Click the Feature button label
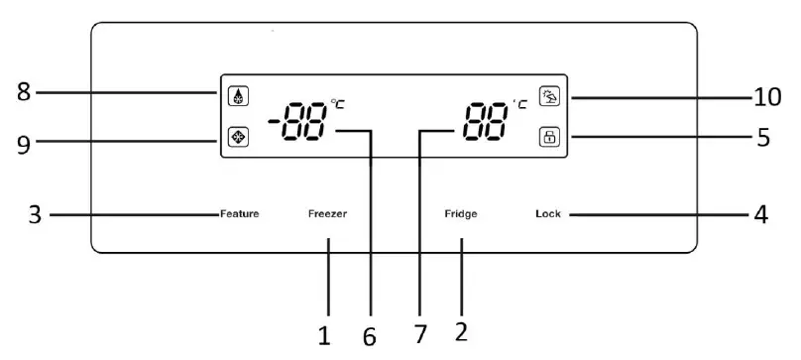(x=240, y=214)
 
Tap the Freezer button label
(x=327, y=214)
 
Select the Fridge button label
(x=461, y=214)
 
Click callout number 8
(x=23, y=93)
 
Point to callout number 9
(x=23, y=142)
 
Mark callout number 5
(x=763, y=137)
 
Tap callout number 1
(x=323, y=335)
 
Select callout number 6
(x=370, y=337)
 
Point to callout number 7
(x=420, y=335)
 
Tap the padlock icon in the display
(x=548, y=138)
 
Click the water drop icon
(x=239, y=97)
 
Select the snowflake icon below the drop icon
(x=239, y=138)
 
